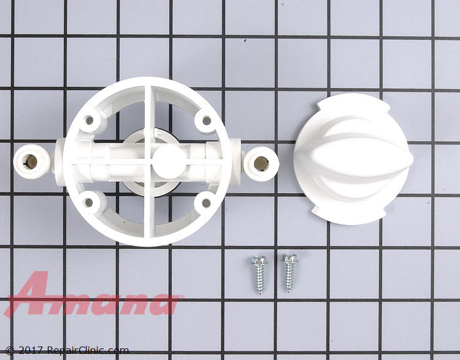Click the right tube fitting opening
[261, 163]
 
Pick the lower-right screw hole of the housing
[206, 201]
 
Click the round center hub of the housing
[167, 161]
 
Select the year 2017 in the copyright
[25, 351]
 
